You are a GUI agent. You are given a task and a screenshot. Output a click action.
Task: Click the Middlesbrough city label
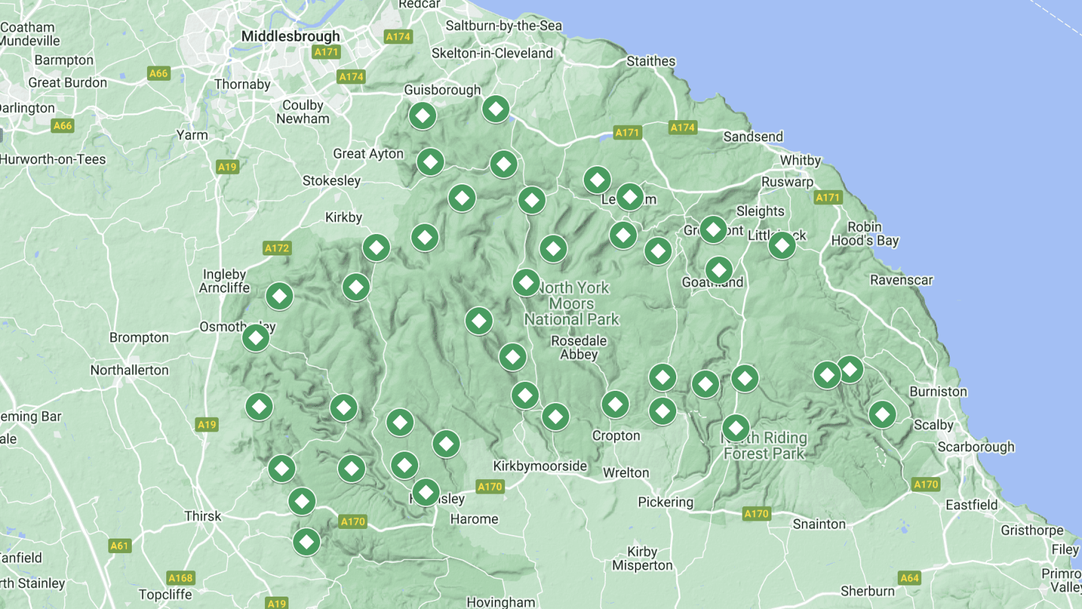point(291,36)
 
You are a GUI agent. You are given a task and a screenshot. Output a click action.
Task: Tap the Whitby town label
point(800,160)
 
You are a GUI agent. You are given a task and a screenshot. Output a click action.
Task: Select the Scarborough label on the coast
point(976,447)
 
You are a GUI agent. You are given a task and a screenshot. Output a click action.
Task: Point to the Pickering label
point(665,502)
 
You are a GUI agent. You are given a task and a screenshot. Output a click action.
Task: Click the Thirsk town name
point(203,516)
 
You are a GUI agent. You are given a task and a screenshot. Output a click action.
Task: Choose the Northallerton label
point(130,370)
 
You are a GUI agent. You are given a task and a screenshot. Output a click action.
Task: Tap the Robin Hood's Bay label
point(865,234)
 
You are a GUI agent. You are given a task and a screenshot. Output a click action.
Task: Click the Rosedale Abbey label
point(578,347)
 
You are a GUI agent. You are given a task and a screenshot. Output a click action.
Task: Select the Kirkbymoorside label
point(540,466)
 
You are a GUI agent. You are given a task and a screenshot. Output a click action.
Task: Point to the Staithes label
point(651,61)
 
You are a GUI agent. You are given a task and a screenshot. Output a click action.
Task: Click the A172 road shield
point(277,248)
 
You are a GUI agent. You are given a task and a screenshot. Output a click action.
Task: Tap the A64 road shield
point(909,578)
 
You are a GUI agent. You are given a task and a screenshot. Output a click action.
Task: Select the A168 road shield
point(181,578)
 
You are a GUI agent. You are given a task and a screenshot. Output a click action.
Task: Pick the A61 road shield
point(119,545)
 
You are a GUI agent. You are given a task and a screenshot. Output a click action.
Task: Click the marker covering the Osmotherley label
point(256,338)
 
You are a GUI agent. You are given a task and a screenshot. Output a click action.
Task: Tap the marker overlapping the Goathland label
point(719,270)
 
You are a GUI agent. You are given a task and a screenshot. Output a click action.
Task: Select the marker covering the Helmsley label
point(426,492)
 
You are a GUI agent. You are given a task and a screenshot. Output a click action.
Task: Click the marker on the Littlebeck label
point(782,244)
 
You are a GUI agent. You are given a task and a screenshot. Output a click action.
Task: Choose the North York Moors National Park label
point(572,304)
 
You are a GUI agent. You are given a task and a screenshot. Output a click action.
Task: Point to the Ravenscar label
point(901,280)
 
